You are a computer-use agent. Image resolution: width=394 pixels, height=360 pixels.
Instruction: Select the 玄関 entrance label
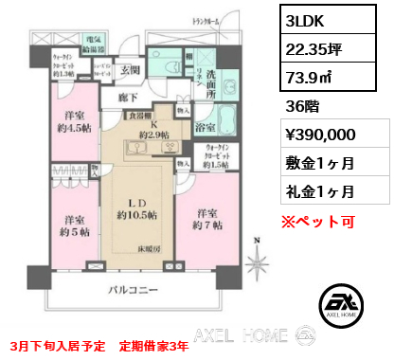(x=130, y=70)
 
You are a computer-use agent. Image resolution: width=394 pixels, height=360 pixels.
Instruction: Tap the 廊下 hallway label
(x=129, y=96)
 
